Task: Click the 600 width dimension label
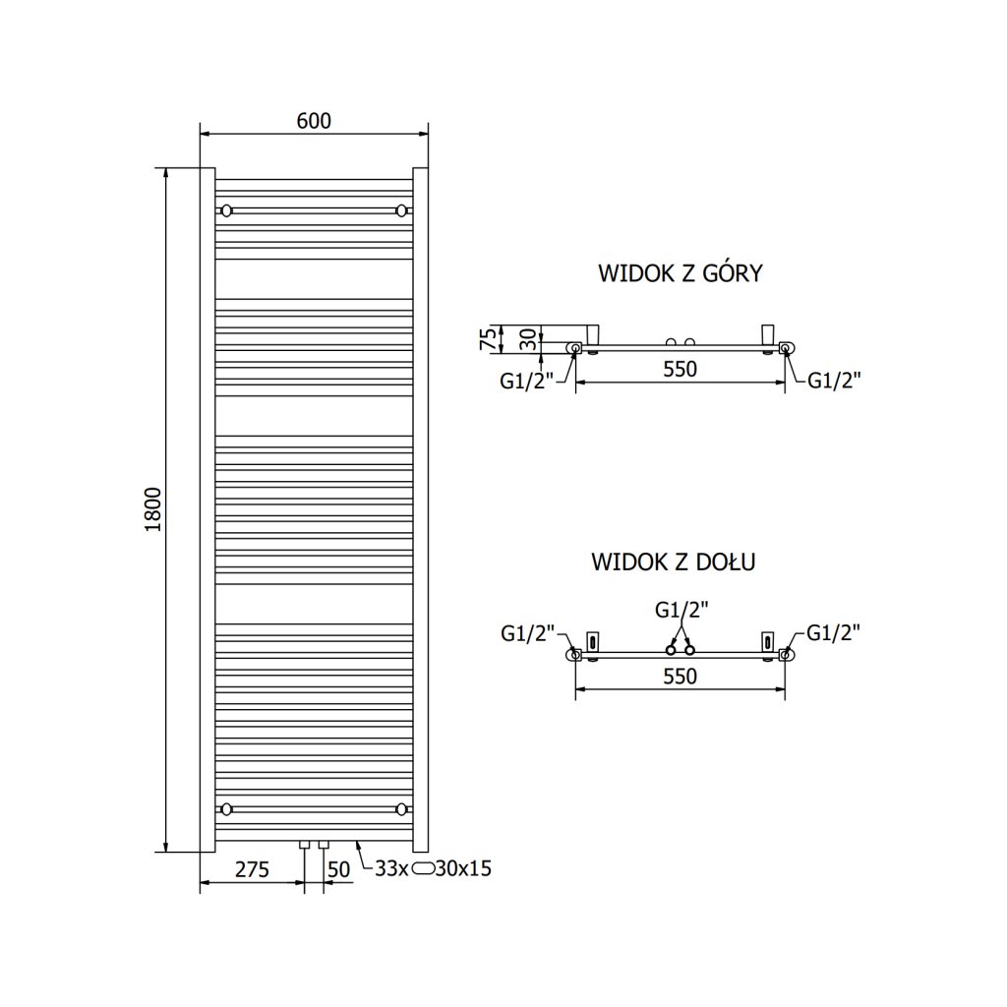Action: click(314, 121)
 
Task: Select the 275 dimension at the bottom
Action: click(252, 868)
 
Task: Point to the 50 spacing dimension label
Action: click(339, 868)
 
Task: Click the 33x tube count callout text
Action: click(392, 868)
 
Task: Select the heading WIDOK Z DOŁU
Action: click(673, 563)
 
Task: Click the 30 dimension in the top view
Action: click(529, 340)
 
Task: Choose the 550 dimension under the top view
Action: click(680, 370)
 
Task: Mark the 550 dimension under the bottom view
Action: click(680, 677)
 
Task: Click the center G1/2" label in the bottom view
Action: click(680, 610)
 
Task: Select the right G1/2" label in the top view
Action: click(834, 381)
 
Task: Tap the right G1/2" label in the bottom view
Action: click(834, 633)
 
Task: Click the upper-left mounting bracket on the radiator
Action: click(227, 210)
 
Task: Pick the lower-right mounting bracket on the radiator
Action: click(401, 809)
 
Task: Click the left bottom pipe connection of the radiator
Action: click(307, 846)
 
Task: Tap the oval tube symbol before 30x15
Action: click(424, 868)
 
